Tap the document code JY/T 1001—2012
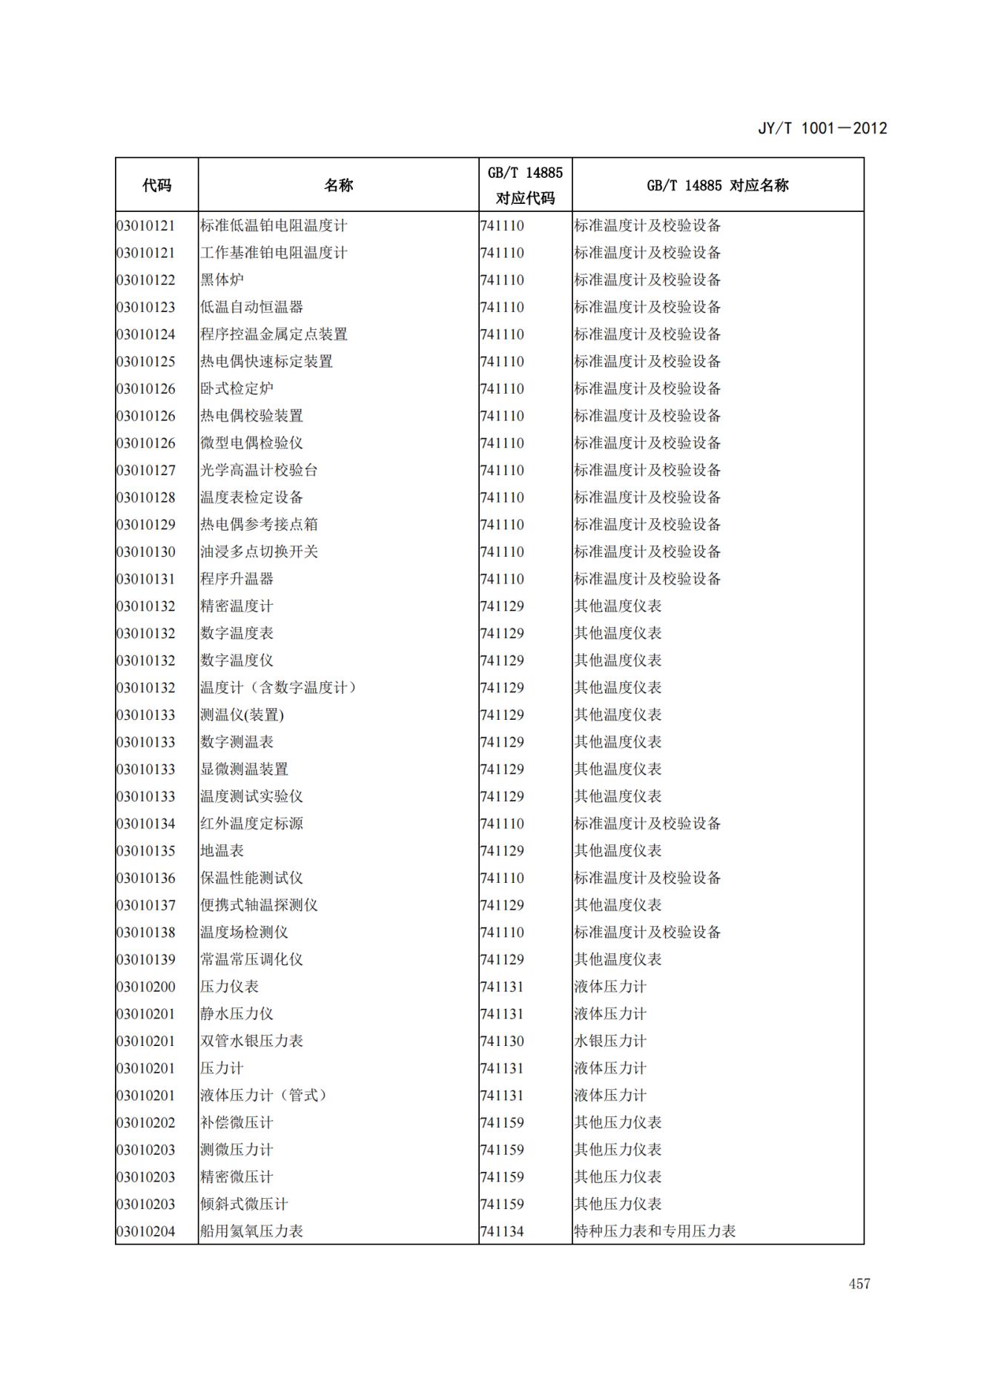click(x=822, y=128)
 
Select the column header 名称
click(x=338, y=185)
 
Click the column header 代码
click(x=156, y=185)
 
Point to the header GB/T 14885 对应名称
click(x=717, y=185)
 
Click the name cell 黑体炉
click(x=222, y=279)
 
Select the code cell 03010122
click(x=146, y=279)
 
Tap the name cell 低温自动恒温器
click(x=251, y=307)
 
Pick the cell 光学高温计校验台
click(x=259, y=470)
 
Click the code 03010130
click(x=146, y=552)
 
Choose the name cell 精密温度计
click(x=237, y=606)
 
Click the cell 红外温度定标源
click(x=251, y=824)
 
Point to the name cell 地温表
click(x=222, y=850)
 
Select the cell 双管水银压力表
click(x=251, y=1041)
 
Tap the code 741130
click(x=502, y=1041)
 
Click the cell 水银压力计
click(x=610, y=1041)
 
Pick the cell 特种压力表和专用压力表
click(x=655, y=1231)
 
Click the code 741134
click(x=502, y=1231)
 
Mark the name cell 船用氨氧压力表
click(x=251, y=1231)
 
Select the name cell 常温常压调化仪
click(x=251, y=959)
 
